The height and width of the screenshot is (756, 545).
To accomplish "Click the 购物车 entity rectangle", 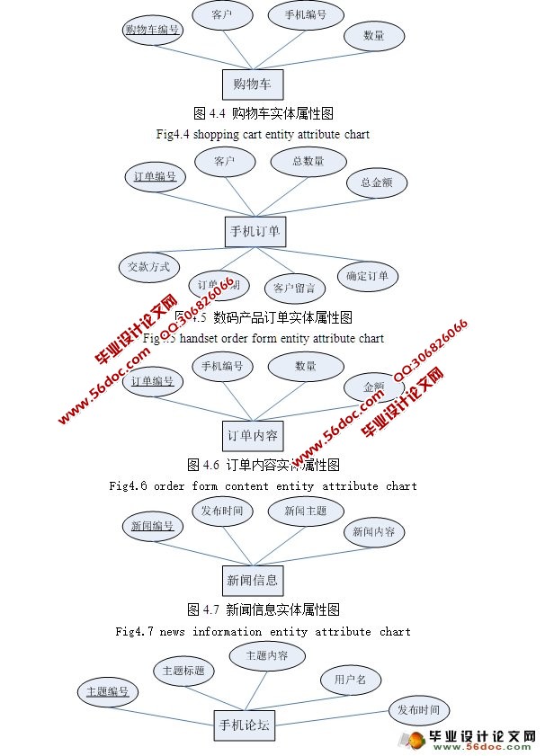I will [253, 84].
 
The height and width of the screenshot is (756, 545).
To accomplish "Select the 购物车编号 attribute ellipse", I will [153, 30].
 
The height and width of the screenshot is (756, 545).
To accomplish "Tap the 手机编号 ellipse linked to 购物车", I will [305, 15].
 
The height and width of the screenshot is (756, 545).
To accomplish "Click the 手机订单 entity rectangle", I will [255, 231].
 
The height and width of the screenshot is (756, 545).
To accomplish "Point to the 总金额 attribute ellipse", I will [377, 182].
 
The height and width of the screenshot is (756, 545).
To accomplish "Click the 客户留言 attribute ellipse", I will [294, 288].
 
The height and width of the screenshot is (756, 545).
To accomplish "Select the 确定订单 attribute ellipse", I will [367, 276].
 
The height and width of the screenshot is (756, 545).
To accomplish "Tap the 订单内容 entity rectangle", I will [253, 435].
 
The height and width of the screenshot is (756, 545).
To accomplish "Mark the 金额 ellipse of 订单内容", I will [374, 387].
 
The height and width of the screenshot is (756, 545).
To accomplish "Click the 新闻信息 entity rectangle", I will [253, 580].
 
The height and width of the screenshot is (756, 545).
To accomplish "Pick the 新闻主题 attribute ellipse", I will [306, 511].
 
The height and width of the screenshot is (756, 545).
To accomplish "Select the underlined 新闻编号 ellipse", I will [152, 526].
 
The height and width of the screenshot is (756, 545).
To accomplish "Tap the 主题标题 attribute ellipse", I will [183, 671].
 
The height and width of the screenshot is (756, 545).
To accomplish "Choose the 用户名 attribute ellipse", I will [351, 680].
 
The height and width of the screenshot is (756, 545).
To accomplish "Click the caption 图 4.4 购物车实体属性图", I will [264, 114].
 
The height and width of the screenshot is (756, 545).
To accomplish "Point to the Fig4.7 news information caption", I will [263, 631].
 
